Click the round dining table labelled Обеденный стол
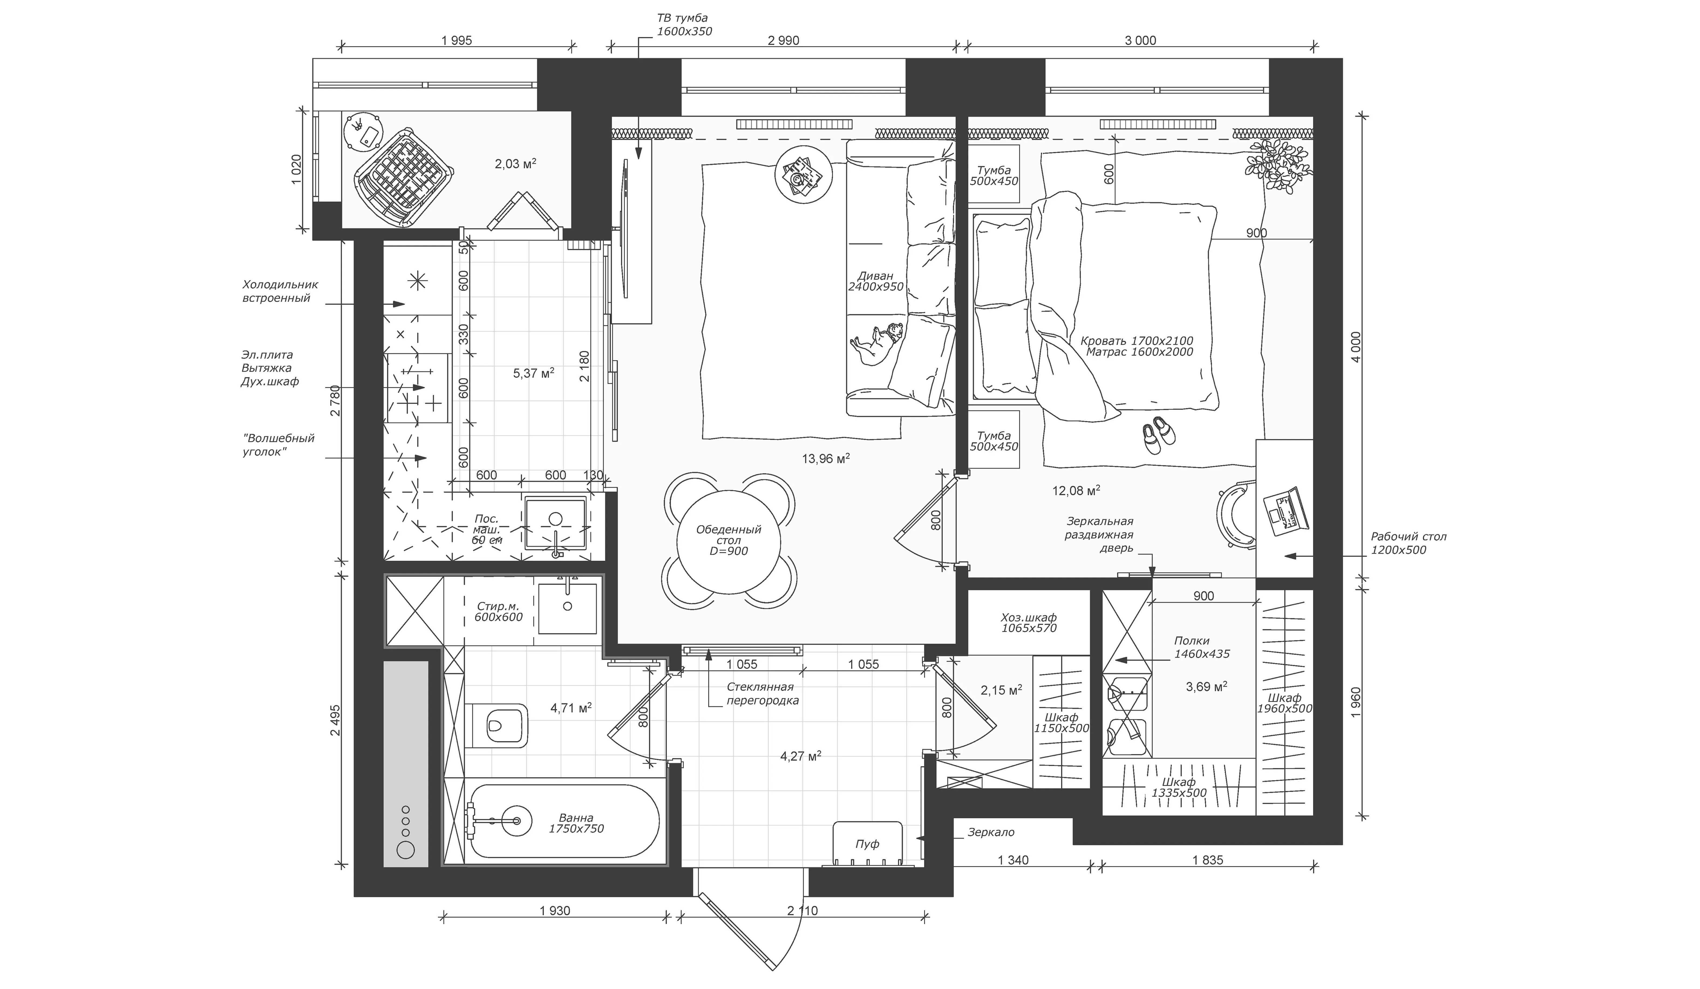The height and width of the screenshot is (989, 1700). (729, 540)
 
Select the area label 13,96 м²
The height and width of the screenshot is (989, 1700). (825, 459)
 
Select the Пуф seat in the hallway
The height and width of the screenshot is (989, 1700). (868, 843)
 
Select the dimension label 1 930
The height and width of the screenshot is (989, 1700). (555, 911)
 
